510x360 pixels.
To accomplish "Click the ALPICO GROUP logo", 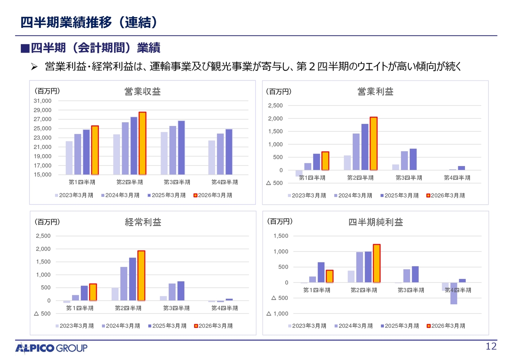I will tap(51, 348).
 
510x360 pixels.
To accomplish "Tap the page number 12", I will tap(491, 347).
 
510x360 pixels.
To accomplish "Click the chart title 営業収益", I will tap(143, 92).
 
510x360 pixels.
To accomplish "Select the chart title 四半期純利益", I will tap(376, 222).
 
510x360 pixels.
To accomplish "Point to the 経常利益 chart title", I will tap(143, 222).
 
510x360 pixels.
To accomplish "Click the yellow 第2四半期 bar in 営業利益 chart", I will tap(373, 143).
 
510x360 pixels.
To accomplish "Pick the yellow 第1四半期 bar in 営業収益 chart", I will tap(95, 150).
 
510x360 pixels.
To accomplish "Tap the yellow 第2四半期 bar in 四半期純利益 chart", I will tap(377, 263).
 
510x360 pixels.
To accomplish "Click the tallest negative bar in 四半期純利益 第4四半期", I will tap(454, 293).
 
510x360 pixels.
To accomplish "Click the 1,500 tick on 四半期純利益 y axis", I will tap(281, 236).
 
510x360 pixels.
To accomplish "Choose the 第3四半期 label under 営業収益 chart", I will tap(177, 182).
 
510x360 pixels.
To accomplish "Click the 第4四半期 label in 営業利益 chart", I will tap(457, 178).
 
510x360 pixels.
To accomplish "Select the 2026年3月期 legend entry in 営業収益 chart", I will tap(213, 195).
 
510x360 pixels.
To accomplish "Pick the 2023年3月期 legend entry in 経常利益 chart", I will tap(75, 326).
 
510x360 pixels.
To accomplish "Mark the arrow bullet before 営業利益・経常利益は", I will tap(34, 66).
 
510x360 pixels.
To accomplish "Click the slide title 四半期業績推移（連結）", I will tap(88, 22).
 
